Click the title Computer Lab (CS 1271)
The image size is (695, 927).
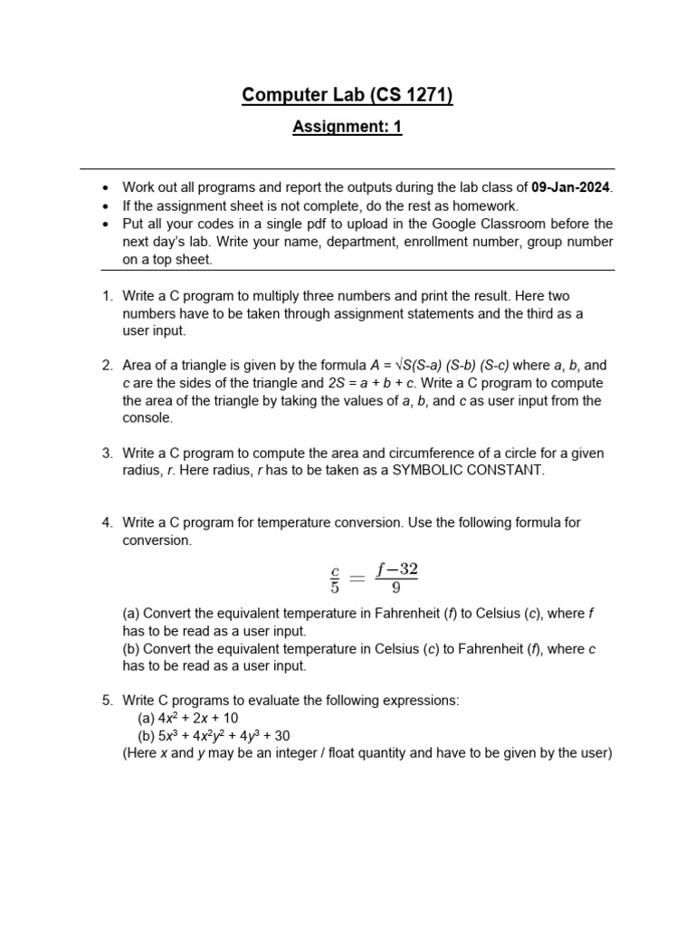click(347, 95)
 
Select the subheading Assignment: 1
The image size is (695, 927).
click(347, 128)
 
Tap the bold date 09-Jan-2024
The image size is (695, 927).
click(572, 188)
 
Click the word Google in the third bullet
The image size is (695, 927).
click(458, 224)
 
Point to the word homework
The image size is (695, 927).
click(487, 205)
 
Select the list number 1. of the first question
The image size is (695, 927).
click(107, 296)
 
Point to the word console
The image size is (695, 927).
click(147, 418)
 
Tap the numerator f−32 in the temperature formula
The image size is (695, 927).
click(399, 569)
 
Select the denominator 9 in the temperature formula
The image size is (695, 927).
click(396, 587)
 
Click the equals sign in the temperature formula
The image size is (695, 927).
click(358, 578)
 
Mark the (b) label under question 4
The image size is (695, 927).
click(131, 649)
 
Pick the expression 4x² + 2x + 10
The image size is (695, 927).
click(197, 718)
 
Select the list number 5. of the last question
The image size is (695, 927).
click(107, 701)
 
